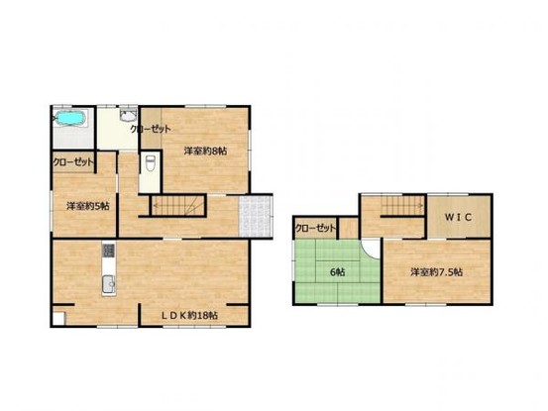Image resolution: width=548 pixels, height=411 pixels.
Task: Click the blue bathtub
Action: [69, 118]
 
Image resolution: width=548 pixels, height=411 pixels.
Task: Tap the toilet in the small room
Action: [151, 163]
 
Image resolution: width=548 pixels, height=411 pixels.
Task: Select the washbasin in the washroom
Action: [128, 115]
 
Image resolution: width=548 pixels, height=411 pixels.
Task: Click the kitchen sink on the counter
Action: [109, 285]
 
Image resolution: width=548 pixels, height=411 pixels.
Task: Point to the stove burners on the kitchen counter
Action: [108, 250]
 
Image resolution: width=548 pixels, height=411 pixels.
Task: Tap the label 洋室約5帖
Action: [88, 206]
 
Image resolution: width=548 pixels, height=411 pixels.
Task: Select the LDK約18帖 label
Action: [189, 316]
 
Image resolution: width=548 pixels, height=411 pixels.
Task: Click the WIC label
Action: [458, 218]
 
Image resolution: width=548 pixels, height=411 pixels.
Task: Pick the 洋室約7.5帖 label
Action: [436, 272]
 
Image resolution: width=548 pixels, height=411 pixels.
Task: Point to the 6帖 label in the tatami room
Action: [338, 272]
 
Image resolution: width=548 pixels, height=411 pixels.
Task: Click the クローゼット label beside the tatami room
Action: [315, 229]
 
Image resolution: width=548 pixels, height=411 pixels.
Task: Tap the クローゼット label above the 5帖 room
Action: [73, 162]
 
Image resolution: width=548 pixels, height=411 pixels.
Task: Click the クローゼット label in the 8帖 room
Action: [151, 129]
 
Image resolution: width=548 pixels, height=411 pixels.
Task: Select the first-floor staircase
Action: [178, 205]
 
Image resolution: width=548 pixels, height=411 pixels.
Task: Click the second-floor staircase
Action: [402, 205]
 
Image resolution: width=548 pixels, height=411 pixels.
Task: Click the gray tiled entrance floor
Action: [256, 216]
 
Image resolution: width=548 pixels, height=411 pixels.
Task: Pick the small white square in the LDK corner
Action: [58, 319]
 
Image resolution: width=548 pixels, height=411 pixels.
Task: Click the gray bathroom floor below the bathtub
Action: [73, 138]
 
